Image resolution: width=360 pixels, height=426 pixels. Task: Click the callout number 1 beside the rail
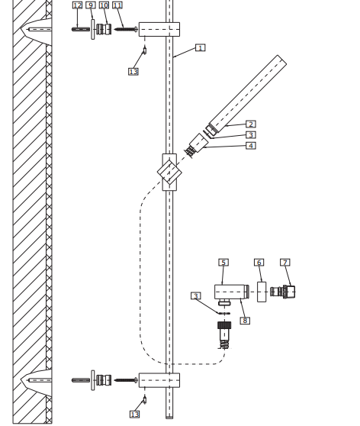pos(200,47)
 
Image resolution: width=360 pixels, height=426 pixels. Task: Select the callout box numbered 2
pos(251,124)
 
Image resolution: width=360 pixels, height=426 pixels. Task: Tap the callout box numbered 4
pos(251,145)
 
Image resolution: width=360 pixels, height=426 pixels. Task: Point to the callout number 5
pos(223,263)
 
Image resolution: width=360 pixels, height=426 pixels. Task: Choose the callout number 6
pos(259,263)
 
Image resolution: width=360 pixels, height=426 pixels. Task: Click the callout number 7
pos(285,263)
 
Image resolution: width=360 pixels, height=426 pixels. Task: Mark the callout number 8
pos(245,321)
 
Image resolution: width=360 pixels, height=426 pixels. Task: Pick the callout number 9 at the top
pos(91,5)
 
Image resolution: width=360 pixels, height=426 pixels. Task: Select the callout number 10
pos(104,5)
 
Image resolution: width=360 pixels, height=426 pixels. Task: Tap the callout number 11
pos(117,5)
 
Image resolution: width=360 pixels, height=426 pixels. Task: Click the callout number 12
pos(77,5)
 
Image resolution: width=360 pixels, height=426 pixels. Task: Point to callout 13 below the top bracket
pos(133,71)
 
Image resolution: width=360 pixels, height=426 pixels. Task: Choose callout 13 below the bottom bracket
pos(135,414)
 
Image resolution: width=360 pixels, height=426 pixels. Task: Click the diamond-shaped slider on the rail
pos(169,171)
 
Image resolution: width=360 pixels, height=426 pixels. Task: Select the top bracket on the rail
pos(159,30)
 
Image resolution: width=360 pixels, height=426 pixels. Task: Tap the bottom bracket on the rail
pos(159,379)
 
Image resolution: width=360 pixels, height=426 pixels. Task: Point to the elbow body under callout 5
pos(228,291)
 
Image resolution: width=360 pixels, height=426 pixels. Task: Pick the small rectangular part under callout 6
pos(262,292)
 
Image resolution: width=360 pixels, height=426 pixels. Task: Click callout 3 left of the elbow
pos(196,296)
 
